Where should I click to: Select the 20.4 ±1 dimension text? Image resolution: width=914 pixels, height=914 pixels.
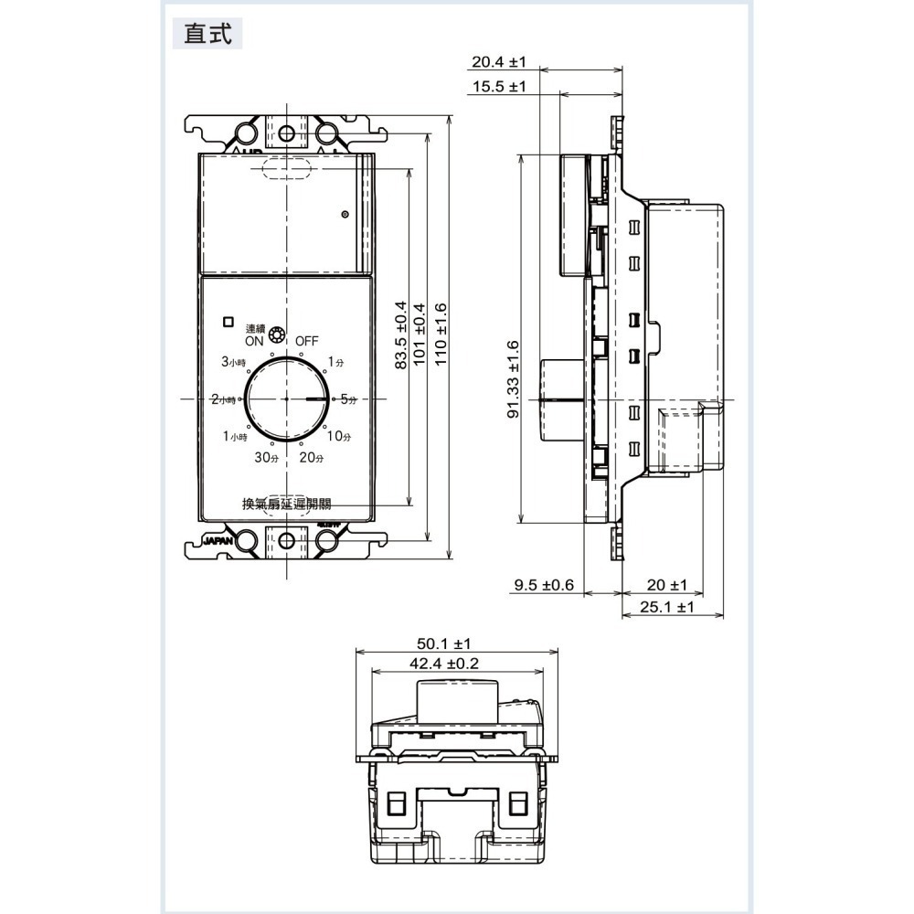click(499, 62)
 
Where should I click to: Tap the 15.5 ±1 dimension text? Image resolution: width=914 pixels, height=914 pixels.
click(499, 87)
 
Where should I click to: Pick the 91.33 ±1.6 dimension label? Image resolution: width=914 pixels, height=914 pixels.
click(512, 379)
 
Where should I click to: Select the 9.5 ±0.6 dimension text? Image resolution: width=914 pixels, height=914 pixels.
click(544, 584)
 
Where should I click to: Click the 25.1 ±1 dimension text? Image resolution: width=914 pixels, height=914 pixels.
click(672, 607)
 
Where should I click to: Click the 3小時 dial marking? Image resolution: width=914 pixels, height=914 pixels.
click(234, 362)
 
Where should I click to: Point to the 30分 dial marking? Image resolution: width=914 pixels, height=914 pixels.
click(266, 457)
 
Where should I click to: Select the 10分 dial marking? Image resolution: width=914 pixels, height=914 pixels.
click(338, 436)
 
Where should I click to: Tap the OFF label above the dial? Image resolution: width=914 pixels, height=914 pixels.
click(306, 340)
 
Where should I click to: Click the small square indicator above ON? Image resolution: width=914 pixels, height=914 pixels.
click(228, 321)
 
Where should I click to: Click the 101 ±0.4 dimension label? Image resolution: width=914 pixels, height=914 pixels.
click(420, 335)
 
